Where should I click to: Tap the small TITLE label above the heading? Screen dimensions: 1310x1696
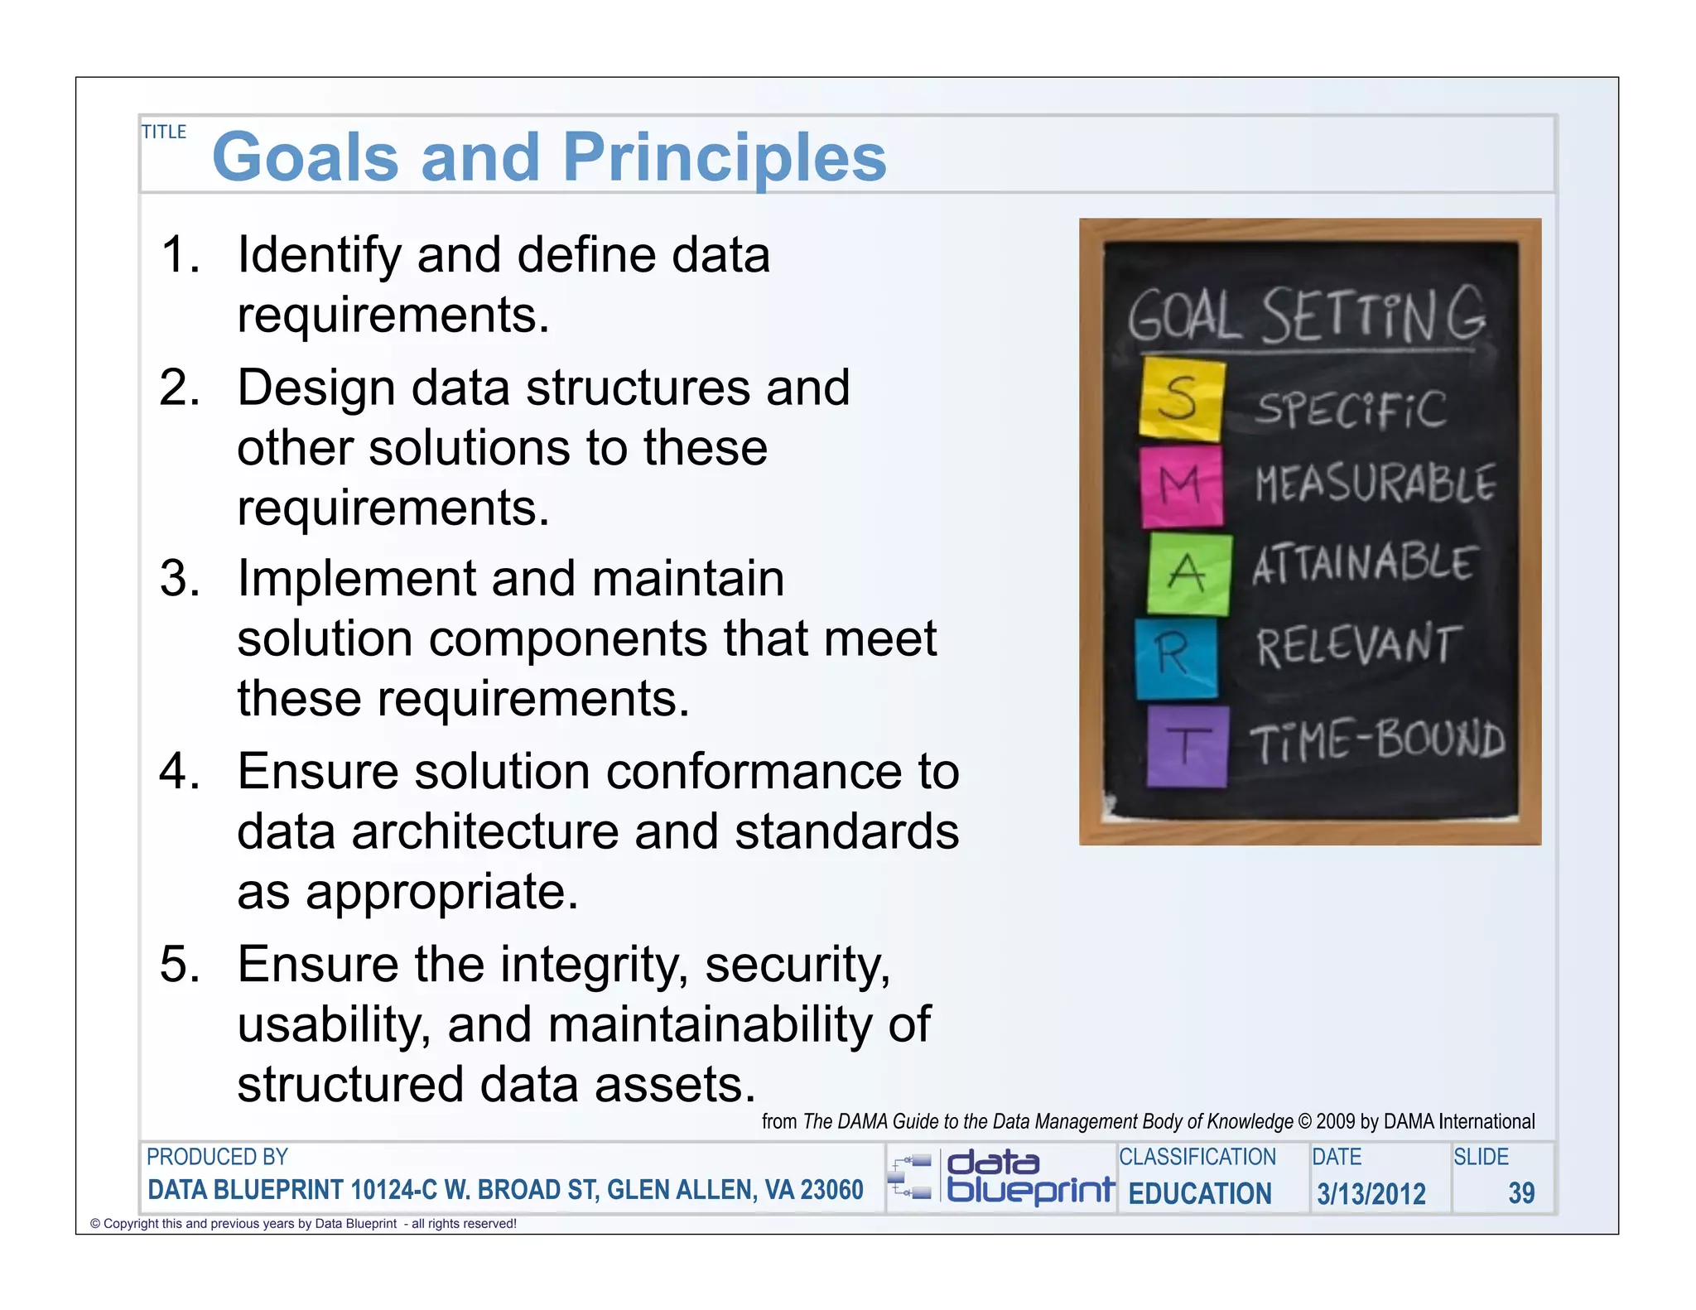click(x=164, y=132)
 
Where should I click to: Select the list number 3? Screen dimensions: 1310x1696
click(x=180, y=578)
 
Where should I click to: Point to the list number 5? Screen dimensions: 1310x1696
click(x=180, y=965)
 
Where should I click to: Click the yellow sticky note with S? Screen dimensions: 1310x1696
click(x=1181, y=399)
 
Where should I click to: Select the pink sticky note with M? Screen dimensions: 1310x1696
click(x=1181, y=486)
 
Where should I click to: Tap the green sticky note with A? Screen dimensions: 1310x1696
click(x=1188, y=573)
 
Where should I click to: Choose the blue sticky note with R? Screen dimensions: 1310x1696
click(x=1176, y=657)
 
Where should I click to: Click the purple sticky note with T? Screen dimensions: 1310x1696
click(x=1188, y=745)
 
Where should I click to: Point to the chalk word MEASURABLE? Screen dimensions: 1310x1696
click(x=1375, y=484)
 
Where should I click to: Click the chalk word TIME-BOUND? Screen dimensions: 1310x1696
click(x=1376, y=740)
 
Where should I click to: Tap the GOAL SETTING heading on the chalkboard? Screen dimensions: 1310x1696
click(x=1307, y=316)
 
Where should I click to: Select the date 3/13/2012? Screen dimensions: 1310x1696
click(x=1371, y=1193)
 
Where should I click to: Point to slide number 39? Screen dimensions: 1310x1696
click(x=1520, y=1193)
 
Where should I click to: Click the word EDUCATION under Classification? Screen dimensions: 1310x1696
click(x=1199, y=1193)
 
